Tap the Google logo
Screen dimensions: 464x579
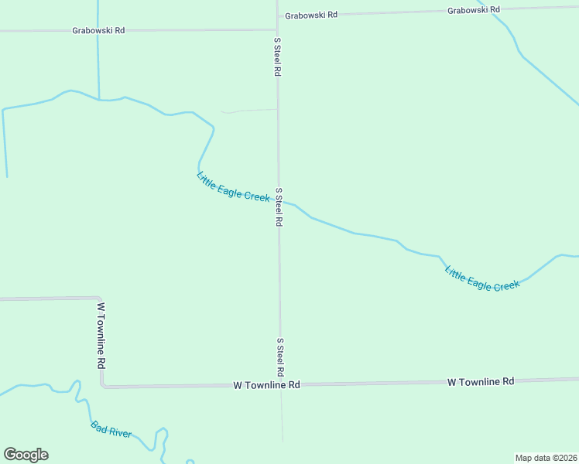(26, 455)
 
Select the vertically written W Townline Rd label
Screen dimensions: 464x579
(101, 335)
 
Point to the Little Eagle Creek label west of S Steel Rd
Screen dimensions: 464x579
(233, 187)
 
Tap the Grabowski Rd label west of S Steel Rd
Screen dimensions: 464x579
(98, 30)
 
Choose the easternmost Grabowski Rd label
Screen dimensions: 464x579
(474, 9)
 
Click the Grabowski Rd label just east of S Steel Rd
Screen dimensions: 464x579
(311, 15)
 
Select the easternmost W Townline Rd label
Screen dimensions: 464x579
(481, 381)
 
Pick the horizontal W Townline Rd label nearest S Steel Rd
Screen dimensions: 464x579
(266, 384)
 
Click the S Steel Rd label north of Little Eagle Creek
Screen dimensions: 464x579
(277, 56)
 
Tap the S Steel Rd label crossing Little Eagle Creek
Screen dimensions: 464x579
(279, 206)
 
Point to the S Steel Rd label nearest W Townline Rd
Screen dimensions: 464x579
(280, 357)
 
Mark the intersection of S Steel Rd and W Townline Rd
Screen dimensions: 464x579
(281, 384)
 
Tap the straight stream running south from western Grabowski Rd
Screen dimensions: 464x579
(98, 66)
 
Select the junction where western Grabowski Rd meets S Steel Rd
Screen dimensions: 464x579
(277, 29)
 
